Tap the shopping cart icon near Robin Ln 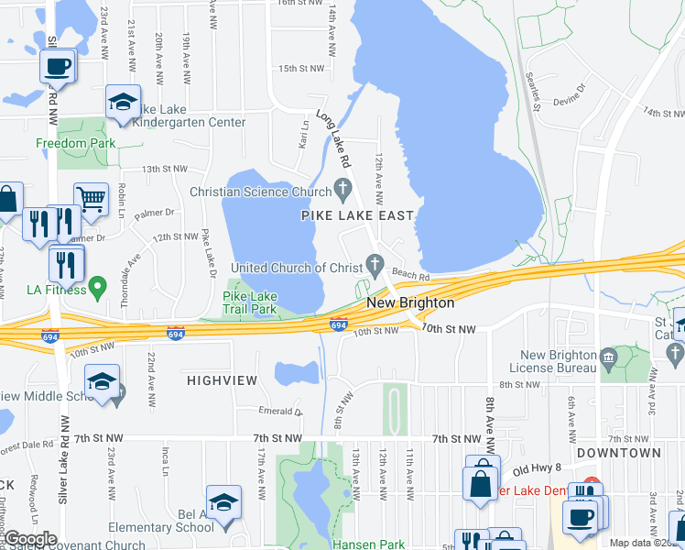91,199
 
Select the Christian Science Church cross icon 343,192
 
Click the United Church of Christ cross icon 374,267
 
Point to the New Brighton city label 410,302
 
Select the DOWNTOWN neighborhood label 619,453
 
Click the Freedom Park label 75,143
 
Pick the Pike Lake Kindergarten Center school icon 123,104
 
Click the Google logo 30,538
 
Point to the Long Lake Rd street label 334,138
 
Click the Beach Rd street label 411,274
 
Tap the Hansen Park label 368,544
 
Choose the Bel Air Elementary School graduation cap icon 223,502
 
